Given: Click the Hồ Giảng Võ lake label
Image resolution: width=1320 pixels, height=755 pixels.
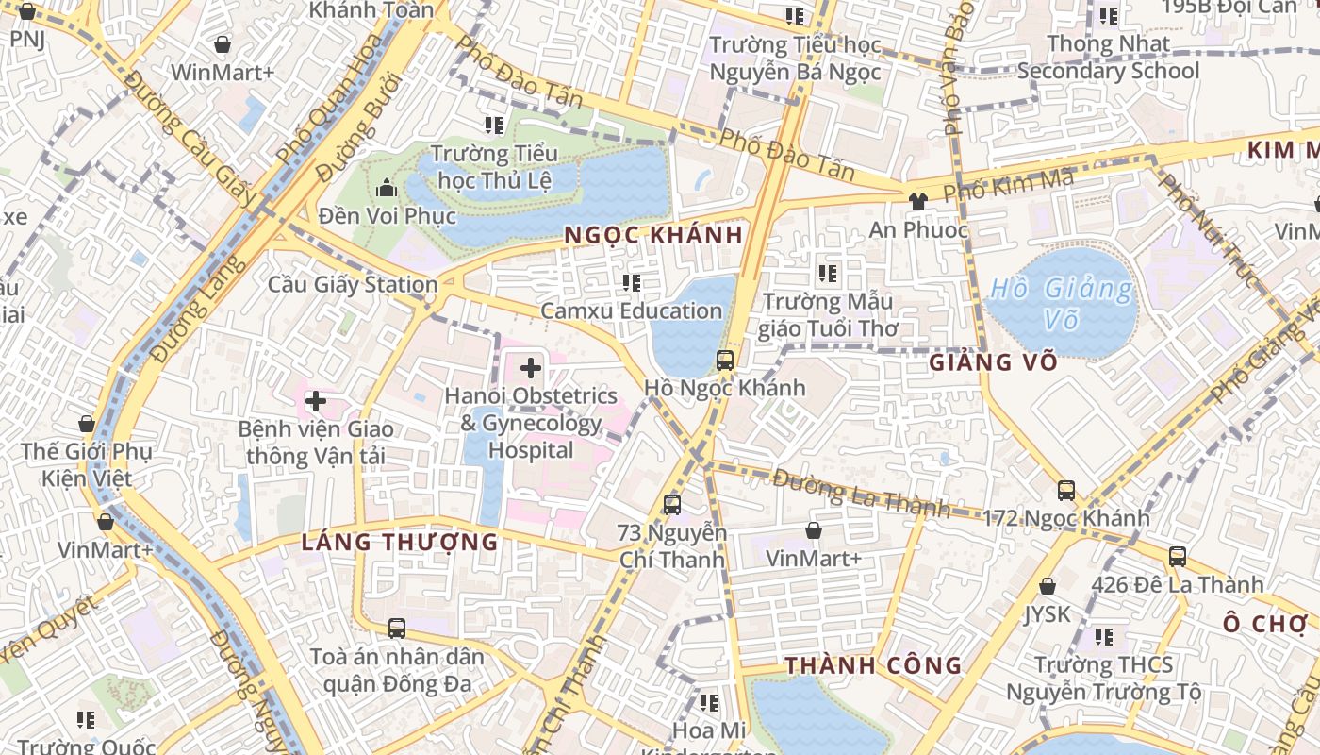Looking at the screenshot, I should [x=1062, y=304].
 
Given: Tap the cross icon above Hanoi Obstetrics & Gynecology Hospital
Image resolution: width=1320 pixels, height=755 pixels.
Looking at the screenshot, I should [x=531, y=368].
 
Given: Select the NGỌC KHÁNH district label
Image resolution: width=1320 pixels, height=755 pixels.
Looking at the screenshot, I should [x=654, y=235].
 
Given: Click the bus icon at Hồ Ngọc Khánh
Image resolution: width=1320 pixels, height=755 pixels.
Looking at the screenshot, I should [x=724, y=360].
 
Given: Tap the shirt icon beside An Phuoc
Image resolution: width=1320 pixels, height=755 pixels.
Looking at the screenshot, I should [x=917, y=201].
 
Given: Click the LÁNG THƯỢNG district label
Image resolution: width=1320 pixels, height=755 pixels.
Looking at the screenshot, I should [x=400, y=542].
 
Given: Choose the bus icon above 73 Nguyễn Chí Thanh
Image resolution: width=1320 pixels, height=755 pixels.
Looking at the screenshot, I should [x=671, y=504].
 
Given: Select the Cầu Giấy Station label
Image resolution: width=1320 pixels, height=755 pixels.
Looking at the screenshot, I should [x=353, y=284].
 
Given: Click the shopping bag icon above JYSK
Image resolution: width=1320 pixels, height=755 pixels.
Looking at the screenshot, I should [x=1047, y=587].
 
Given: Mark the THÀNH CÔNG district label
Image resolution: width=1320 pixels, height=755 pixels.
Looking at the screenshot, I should [x=873, y=665].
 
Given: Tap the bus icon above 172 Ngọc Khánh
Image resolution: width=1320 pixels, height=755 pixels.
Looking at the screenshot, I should [x=1065, y=491].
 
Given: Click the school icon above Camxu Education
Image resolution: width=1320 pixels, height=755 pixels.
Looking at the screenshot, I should [x=632, y=282].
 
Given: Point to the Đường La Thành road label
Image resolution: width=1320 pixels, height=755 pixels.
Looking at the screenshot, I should [x=860, y=493].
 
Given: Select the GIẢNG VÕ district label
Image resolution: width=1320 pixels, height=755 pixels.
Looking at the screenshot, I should [x=993, y=362].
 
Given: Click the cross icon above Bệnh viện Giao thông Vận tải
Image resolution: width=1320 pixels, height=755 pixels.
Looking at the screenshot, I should [x=315, y=402].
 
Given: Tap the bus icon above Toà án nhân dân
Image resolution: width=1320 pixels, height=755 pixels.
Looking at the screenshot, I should [x=397, y=628].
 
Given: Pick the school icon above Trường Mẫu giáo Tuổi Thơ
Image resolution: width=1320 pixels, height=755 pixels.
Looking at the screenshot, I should [x=828, y=275].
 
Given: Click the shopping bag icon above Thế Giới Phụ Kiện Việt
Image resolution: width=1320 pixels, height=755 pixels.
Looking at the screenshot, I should [x=87, y=424].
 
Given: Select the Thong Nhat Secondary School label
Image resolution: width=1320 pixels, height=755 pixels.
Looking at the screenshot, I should [x=1108, y=57].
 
